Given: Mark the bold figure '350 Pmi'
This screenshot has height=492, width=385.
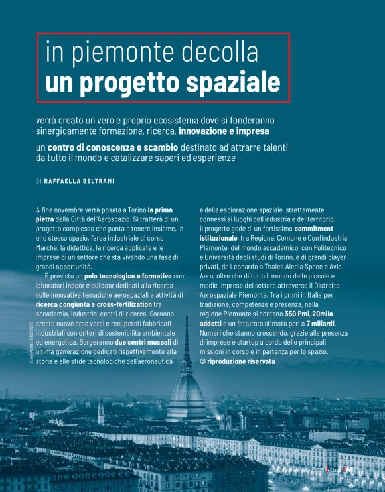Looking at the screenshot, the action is pyautogui.click(x=297, y=313).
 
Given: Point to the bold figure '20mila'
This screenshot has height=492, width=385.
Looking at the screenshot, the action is pyautogui.click(x=325, y=313).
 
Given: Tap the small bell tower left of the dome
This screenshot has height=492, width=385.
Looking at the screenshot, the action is pyautogui.click(x=100, y=411).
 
